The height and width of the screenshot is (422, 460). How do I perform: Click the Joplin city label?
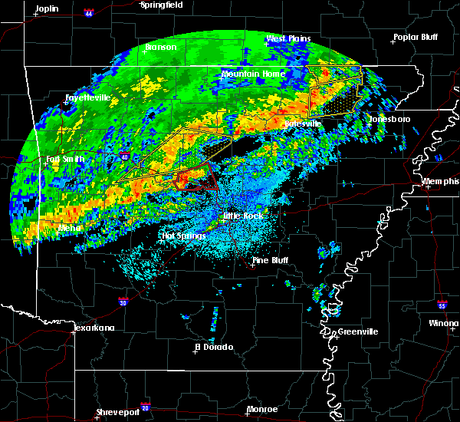tap(48, 8)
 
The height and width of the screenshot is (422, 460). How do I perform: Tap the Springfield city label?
tap(162, 5)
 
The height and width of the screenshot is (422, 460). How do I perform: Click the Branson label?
tap(161, 48)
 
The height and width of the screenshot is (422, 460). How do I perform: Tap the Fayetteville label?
tap(87, 97)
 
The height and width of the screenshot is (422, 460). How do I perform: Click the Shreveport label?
tap(118, 412)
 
